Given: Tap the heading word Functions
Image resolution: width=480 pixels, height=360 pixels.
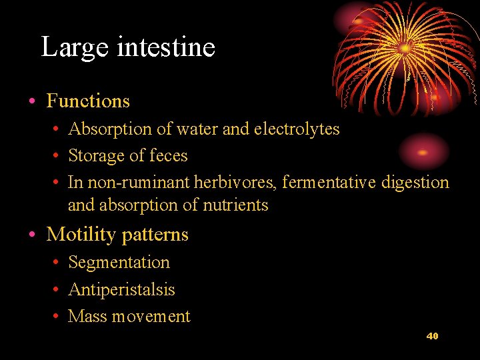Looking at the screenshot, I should (88, 101).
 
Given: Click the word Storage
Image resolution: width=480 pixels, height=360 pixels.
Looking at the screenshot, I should (96, 156).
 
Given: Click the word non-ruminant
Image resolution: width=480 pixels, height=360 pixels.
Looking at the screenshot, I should (139, 183).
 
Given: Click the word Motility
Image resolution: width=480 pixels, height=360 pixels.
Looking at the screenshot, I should (80, 235).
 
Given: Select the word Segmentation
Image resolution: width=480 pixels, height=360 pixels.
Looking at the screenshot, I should (119, 263).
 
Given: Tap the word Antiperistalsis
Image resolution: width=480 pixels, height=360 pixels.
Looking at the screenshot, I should (121, 290).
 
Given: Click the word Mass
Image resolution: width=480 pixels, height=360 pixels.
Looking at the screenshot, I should (87, 317).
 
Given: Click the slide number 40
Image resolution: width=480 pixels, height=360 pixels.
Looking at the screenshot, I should (432, 336).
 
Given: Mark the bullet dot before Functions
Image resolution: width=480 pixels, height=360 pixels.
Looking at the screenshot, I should (32, 102).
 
